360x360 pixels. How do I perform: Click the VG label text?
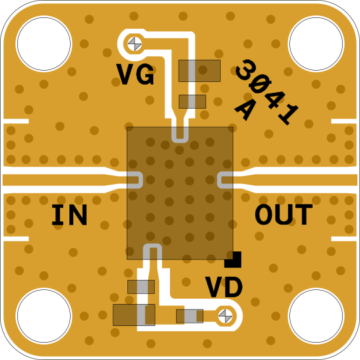(x=135, y=74)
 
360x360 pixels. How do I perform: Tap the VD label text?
(x=224, y=287)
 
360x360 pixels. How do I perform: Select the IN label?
(x=69, y=215)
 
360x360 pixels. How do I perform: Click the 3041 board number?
(x=267, y=92)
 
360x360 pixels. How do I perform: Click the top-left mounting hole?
(x=44, y=43)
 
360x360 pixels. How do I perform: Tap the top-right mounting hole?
(x=316, y=43)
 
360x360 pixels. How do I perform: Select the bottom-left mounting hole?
(x=44, y=316)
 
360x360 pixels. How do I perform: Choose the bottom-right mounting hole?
(x=316, y=316)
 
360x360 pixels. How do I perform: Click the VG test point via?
(x=135, y=44)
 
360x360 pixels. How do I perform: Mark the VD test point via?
(x=225, y=316)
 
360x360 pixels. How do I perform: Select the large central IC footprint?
(x=180, y=193)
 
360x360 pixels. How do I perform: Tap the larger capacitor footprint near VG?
(x=199, y=71)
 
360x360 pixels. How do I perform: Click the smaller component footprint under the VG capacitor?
(x=193, y=101)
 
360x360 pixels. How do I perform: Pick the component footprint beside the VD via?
(x=189, y=316)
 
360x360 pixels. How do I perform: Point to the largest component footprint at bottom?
(x=134, y=315)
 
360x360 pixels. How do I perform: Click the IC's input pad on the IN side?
(x=135, y=180)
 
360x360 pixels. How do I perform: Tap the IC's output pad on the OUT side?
(x=225, y=180)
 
